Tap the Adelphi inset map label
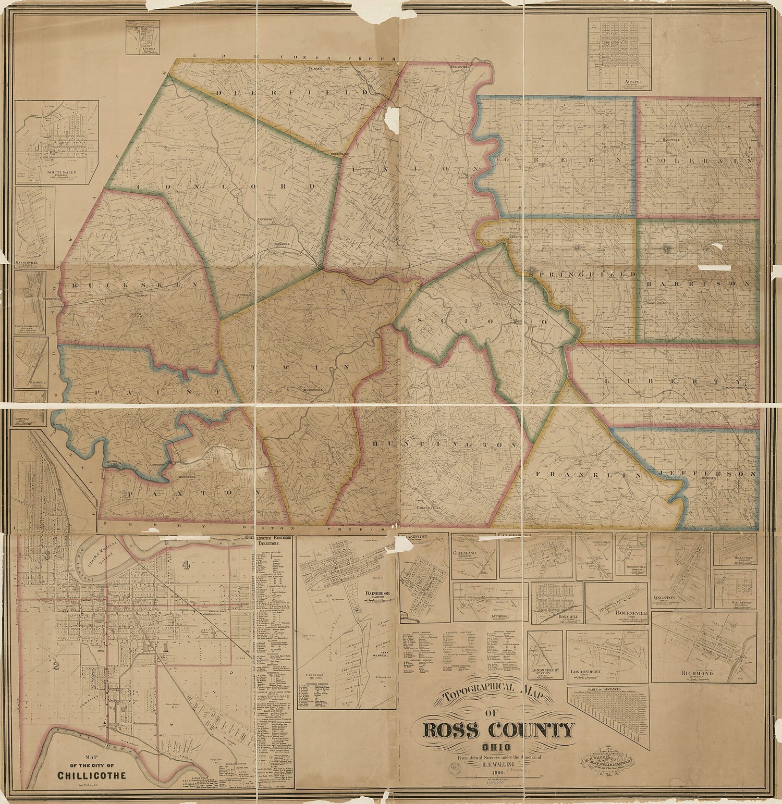[x=619, y=82]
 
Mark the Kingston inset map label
[x=664, y=598]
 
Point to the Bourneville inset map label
[x=631, y=614]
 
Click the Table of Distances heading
[x=608, y=690]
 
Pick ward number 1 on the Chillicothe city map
[x=166, y=648]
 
